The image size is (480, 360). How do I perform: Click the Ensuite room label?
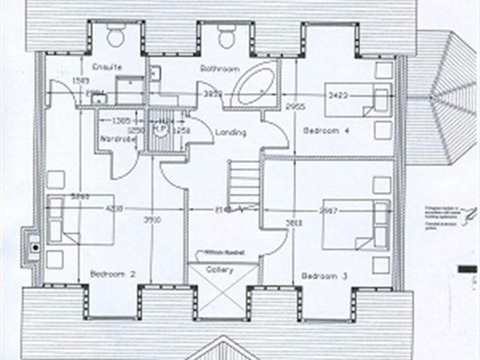pos(107,68)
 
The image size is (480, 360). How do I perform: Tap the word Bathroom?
pos(219,69)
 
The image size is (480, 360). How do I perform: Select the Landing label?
pos(230,132)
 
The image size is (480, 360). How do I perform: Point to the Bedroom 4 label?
pos(326,131)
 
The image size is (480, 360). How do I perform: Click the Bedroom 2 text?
pos(114,274)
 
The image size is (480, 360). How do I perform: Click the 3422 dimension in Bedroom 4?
pos(338,94)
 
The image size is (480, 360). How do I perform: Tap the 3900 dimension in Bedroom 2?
pos(151,219)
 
